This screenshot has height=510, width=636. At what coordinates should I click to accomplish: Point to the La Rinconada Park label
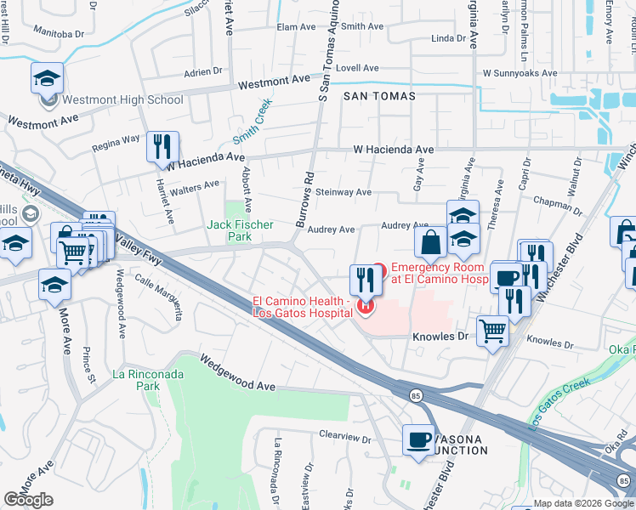pyautogui.click(x=136, y=380)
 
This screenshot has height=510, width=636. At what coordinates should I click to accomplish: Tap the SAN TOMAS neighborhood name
pyautogui.click(x=380, y=96)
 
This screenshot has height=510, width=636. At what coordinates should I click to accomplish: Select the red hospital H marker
pyautogui.click(x=366, y=306)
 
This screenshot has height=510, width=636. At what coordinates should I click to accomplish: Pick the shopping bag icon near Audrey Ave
pyautogui.click(x=431, y=242)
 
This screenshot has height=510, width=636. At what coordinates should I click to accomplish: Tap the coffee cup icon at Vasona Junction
pyautogui.click(x=417, y=440)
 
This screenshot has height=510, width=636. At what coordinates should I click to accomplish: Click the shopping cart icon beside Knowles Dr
pyautogui.click(x=492, y=331)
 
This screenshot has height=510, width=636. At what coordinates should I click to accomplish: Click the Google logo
pyautogui.click(x=29, y=500)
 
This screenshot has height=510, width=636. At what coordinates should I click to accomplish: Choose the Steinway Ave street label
pyautogui.click(x=344, y=192)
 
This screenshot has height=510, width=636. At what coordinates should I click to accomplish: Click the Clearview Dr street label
pyautogui.click(x=345, y=439)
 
